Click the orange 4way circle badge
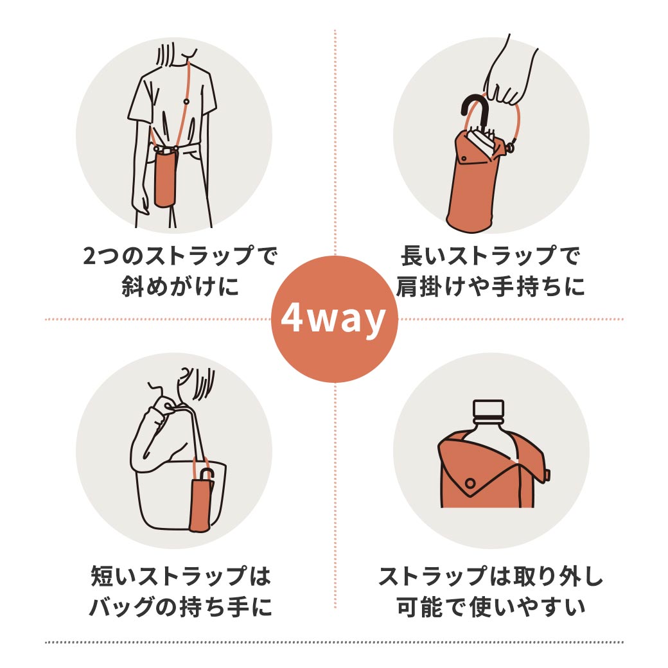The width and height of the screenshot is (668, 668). [335, 319]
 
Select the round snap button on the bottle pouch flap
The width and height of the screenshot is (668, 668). [470, 484]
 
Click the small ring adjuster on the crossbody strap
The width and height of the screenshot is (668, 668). [186, 101]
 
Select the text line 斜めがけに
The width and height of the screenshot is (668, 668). [180, 286]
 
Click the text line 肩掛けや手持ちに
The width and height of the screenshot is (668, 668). [490, 286]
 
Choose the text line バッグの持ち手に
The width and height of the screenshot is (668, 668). [180, 606]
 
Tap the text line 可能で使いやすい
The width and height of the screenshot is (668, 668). [490, 606]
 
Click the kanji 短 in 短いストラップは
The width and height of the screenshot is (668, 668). [101, 576]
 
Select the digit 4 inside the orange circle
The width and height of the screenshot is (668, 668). [292, 318]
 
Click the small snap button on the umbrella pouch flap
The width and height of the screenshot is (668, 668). [464, 159]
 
